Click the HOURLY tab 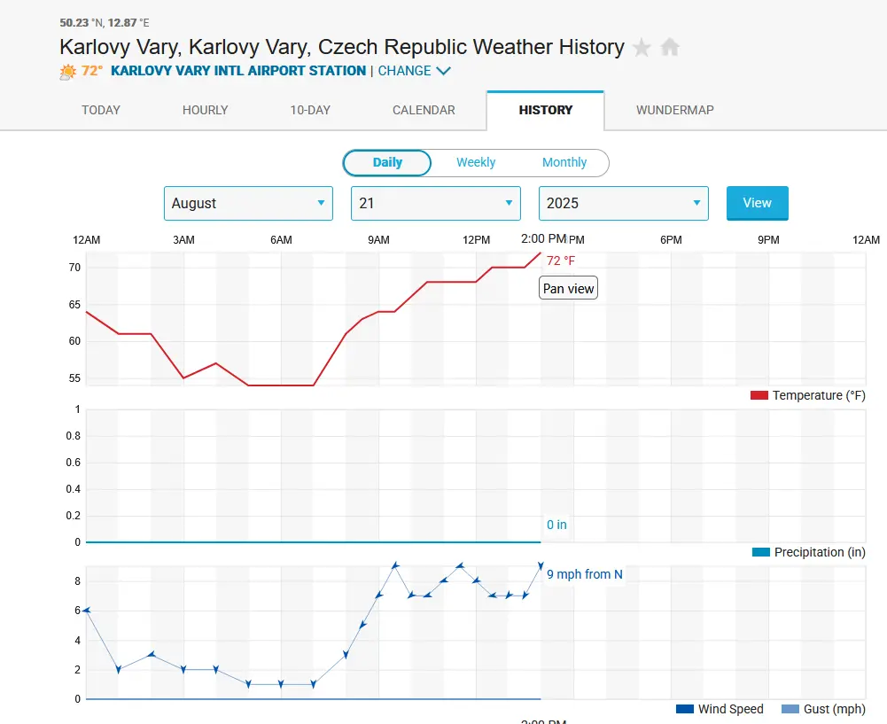click(x=205, y=110)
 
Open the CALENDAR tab click(x=424, y=110)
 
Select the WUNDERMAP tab click(x=674, y=110)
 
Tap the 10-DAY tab click(x=310, y=110)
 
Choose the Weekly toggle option click(x=476, y=162)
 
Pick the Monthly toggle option click(x=564, y=162)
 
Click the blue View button click(x=757, y=203)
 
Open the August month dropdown click(x=248, y=203)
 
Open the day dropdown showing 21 click(x=435, y=203)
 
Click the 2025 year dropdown click(x=623, y=203)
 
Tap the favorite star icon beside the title click(x=642, y=47)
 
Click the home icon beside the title click(x=670, y=47)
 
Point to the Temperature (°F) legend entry click(x=807, y=395)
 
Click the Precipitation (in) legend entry click(x=808, y=552)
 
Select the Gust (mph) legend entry click(x=823, y=709)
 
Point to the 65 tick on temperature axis click(x=74, y=304)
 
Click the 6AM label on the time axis click(x=281, y=240)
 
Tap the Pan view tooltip click(x=569, y=289)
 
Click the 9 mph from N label click(x=584, y=574)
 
